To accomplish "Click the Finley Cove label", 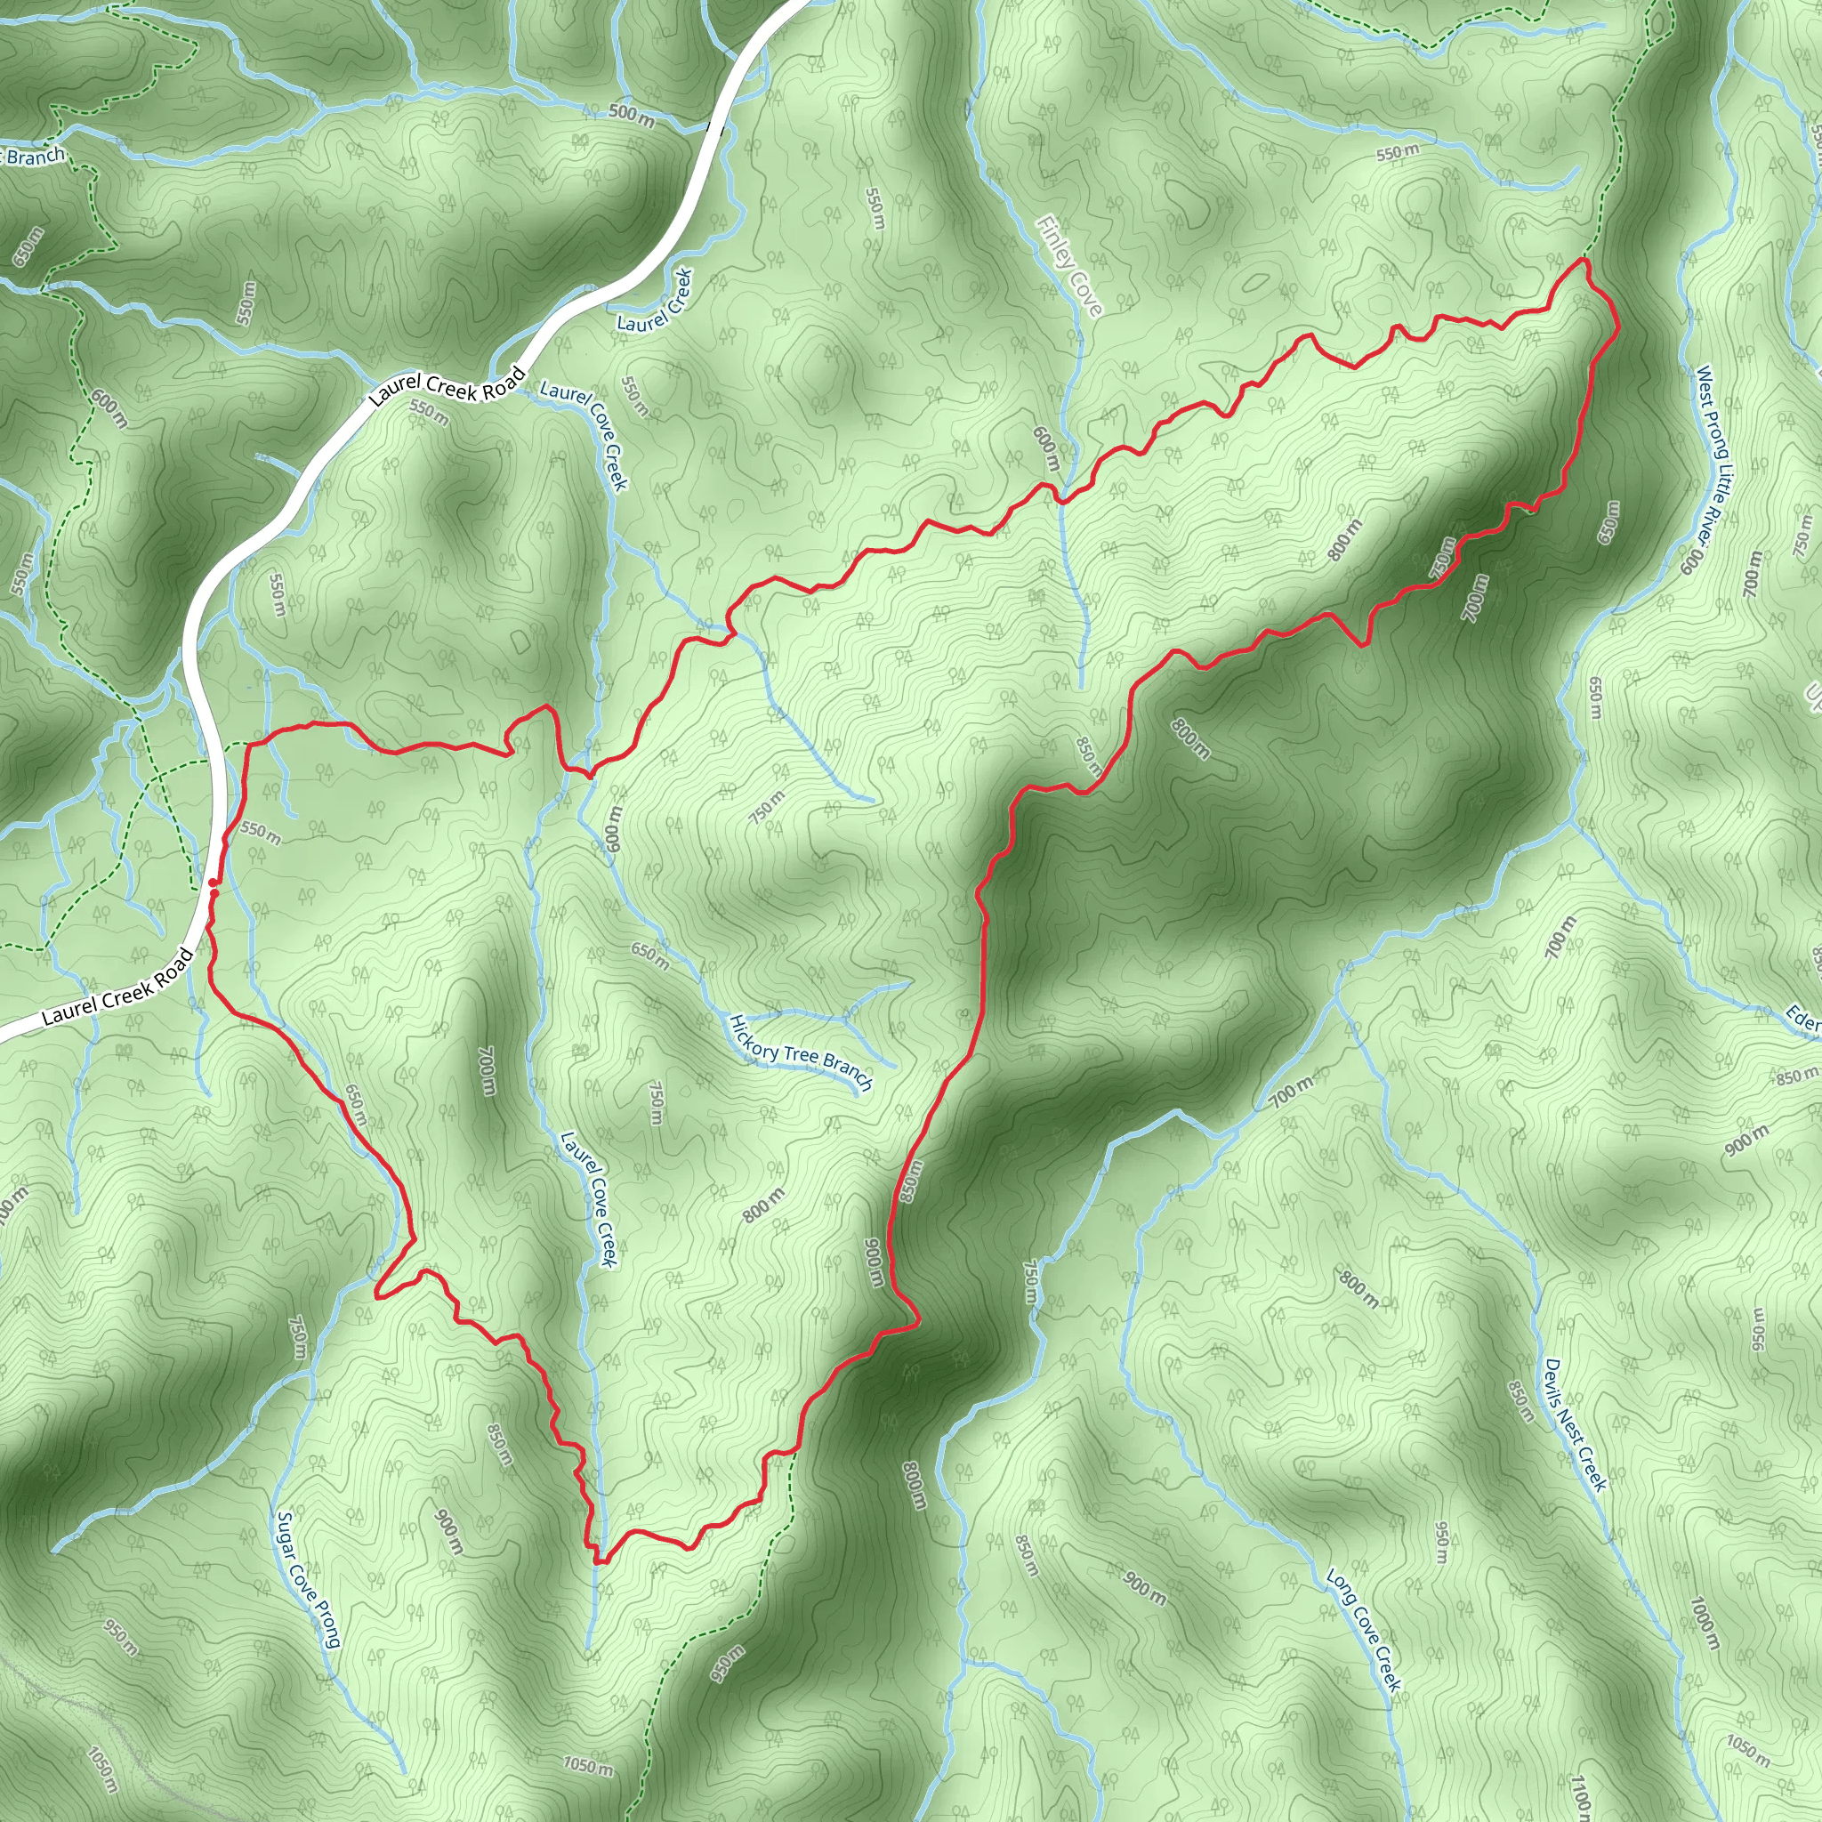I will coord(1068,267).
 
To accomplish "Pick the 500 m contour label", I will coord(631,115).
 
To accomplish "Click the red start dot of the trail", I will coord(214,883).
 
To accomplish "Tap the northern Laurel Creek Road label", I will coord(446,386).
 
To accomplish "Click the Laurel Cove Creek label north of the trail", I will coord(584,435).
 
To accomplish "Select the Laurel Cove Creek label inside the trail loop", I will coord(586,1198).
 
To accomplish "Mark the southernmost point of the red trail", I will coord(598,1561).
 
